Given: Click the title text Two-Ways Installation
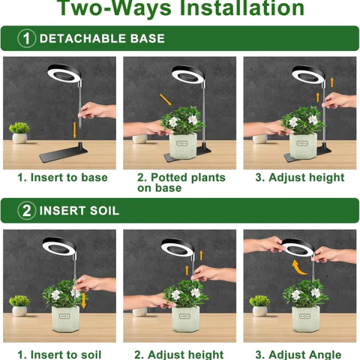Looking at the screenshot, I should [x=180, y=9].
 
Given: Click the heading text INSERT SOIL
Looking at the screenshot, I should [x=79, y=211].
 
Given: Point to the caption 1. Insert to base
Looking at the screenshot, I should [x=62, y=178].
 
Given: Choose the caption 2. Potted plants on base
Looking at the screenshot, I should [x=181, y=183].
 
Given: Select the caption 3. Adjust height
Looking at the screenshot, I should [x=299, y=178].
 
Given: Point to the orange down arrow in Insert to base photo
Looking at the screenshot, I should [x=75, y=130].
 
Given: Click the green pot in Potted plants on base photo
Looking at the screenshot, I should [x=185, y=148].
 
